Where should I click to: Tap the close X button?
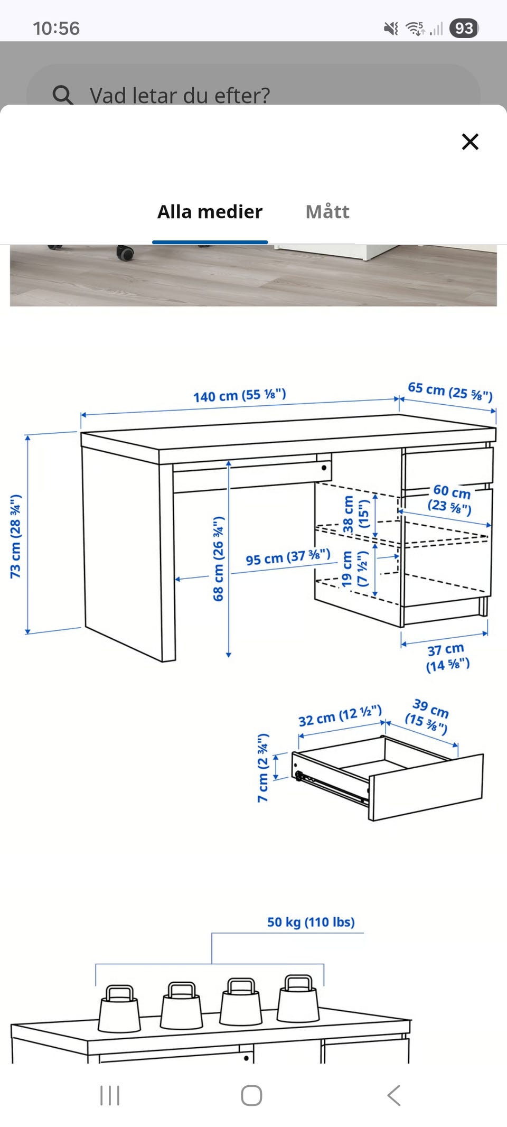pos(470,142)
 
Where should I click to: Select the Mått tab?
pos(327,212)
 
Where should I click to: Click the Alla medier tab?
pos(210,212)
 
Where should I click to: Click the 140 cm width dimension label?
pos(239,395)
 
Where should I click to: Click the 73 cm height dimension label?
pos(15,536)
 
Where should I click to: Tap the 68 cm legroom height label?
pos(218,559)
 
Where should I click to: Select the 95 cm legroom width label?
pos(288,557)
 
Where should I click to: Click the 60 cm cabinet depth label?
pos(450,499)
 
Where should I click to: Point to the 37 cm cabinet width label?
pos(447,657)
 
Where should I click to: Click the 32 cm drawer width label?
pos(340,716)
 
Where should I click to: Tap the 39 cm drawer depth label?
pos(428,716)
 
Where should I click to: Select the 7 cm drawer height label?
pos(263,768)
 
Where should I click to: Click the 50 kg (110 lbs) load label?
pos(311,922)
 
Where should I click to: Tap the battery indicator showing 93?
pos(464,28)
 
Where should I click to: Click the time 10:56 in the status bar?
pos(56,28)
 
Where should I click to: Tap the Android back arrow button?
pos(394,1095)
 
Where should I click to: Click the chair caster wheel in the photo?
pos(125,253)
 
